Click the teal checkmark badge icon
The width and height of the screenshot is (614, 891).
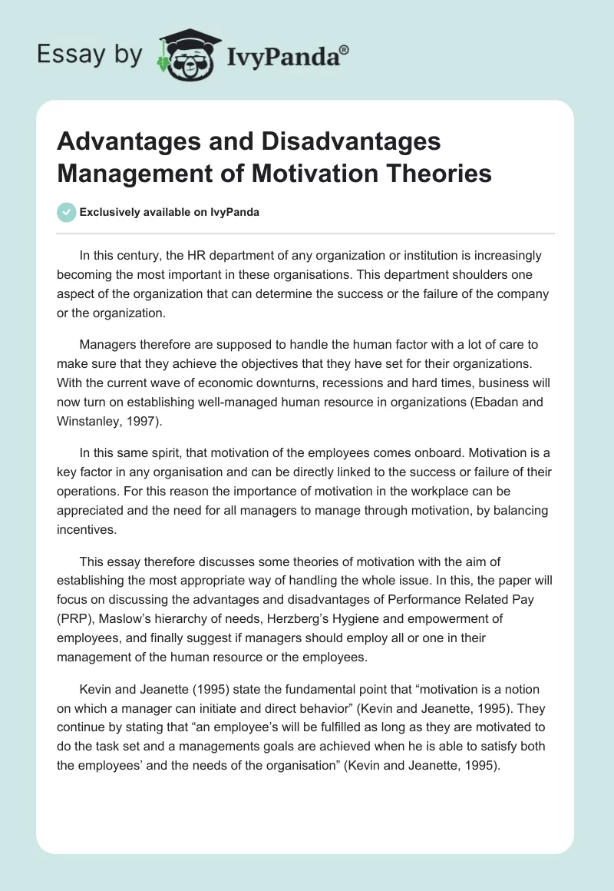tap(67, 212)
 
